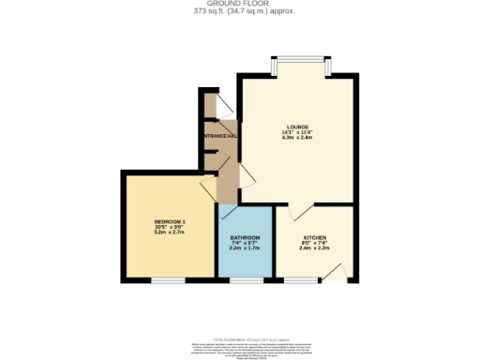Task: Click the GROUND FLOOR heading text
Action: pos(239,4)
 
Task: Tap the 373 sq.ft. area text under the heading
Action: pos(239,12)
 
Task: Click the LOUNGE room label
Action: pos(298,127)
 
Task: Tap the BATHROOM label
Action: pos(245,238)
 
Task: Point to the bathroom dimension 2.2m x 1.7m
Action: pos(245,249)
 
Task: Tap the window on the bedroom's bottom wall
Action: pos(169,280)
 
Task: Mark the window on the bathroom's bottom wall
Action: pos(246,280)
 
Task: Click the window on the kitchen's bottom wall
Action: pos(300,280)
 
